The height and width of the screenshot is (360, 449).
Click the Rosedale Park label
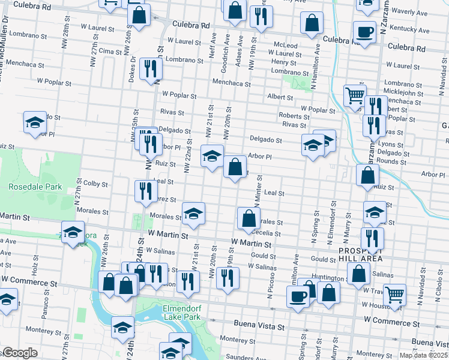[35, 187]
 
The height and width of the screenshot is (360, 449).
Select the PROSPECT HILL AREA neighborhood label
[360, 254]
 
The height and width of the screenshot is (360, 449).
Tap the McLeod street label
[285, 45]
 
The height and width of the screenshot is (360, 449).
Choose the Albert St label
[280, 97]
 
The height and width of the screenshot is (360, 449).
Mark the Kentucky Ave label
[409, 29]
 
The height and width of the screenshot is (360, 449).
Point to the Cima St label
[110, 51]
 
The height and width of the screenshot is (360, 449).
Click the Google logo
[20, 353]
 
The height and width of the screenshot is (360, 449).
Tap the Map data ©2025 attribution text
[423, 355]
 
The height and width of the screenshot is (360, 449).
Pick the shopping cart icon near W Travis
[394, 294]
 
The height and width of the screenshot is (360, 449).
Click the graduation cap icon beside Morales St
[193, 214]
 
